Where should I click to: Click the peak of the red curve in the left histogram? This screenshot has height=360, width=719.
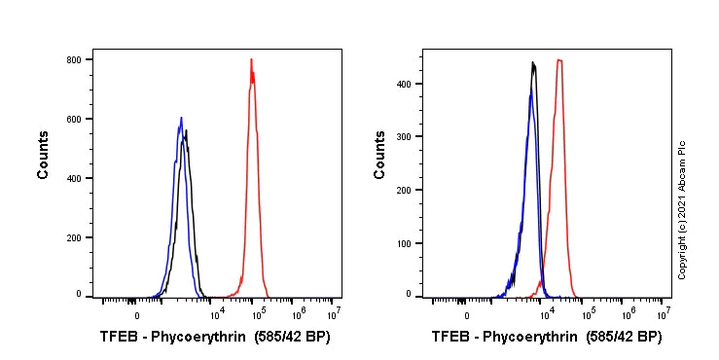pyautogui.click(x=251, y=60)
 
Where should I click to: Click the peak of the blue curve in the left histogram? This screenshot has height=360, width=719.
pyautogui.click(x=181, y=119)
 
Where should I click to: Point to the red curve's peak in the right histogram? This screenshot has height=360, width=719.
pyautogui.click(x=559, y=60)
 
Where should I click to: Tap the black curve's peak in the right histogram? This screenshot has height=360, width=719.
pyautogui.click(x=533, y=63)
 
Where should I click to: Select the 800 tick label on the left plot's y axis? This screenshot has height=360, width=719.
pyautogui.click(x=73, y=59)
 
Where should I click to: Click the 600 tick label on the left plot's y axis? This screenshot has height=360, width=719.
pyautogui.click(x=73, y=119)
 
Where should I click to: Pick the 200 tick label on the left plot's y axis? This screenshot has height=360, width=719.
pyautogui.click(x=73, y=237)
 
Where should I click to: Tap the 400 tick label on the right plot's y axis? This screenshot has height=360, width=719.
pyautogui.click(x=404, y=84)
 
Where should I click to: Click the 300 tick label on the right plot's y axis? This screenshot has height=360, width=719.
pyautogui.click(x=404, y=137)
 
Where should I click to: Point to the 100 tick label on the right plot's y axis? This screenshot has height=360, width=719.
pyautogui.click(x=404, y=243)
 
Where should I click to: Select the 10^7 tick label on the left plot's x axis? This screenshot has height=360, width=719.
pyautogui.click(x=333, y=313)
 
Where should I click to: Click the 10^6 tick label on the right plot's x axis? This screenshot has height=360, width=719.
pyautogui.click(x=629, y=313)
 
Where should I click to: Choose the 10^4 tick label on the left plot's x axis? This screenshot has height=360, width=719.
pyautogui.click(x=218, y=313)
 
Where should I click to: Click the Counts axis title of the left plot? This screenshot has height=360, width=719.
pyautogui.click(x=44, y=155)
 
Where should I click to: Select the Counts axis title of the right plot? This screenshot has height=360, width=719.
pyautogui.click(x=379, y=155)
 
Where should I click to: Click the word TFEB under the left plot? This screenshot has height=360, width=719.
pyautogui.click(x=119, y=338)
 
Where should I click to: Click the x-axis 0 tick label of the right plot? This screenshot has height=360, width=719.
pyautogui.click(x=467, y=315)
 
